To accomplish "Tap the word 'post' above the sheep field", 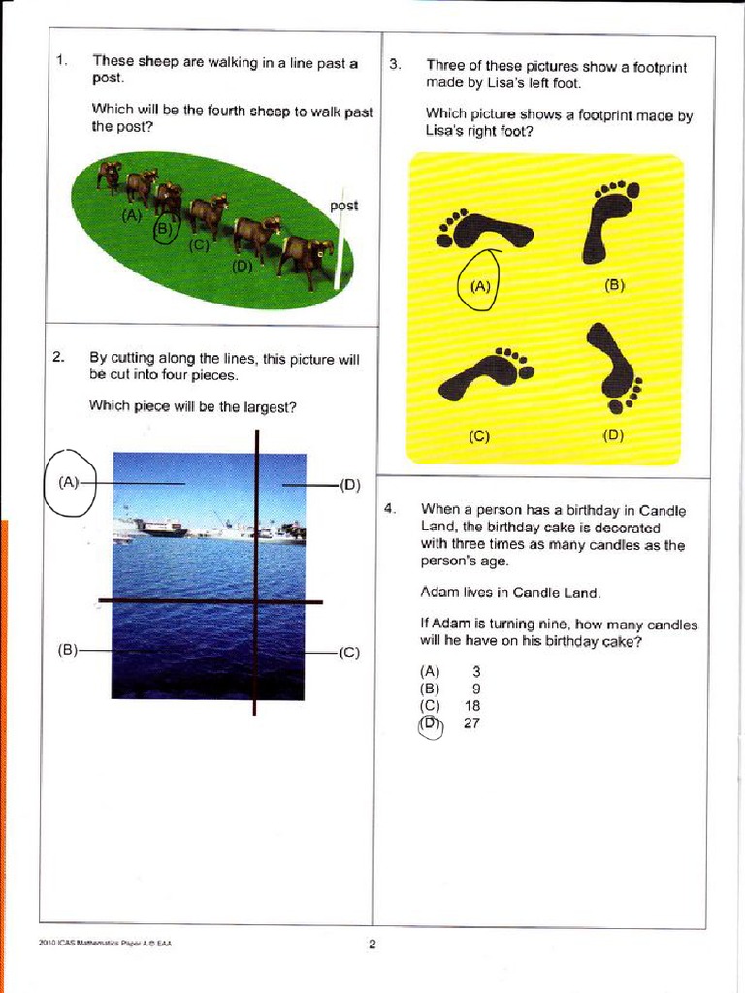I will [343, 206].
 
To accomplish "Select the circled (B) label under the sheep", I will [163, 229].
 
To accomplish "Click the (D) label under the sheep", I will [243, 266].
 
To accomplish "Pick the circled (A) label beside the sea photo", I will [69, 482].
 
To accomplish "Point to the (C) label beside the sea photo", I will [349, 653].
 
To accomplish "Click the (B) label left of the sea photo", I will [67, 651].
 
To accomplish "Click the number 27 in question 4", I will [472, 723].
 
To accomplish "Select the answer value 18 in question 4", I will [472, 706].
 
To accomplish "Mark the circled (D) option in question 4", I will [430, 723].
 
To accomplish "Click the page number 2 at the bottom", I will [372, 945].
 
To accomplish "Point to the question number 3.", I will [395, 65].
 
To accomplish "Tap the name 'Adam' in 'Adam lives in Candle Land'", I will [439, 592].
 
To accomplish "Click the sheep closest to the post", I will [306, 256].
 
